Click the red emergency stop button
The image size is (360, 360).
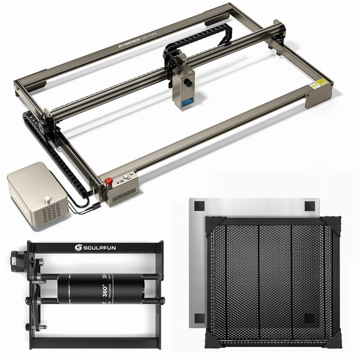pos(108,182)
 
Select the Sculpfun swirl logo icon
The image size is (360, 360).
pos(78,247)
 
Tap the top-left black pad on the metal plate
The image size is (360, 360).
pos(199,206)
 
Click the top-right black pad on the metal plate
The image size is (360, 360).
pos(310,206)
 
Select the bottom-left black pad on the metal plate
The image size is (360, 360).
pos(199,318)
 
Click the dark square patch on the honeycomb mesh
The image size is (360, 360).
pos(310,318)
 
